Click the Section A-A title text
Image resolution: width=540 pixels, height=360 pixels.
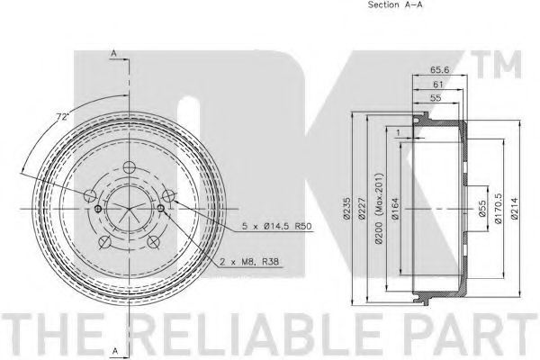pos(395,4)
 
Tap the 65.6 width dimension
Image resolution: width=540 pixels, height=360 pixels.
pos(440,69)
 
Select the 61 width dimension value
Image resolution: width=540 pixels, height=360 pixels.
pos(437,84)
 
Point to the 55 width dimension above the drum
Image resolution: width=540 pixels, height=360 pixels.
pos(436,98)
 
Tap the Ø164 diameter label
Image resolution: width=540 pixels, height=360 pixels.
pos(395,208)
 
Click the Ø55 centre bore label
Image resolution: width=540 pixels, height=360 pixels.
pos(482,209)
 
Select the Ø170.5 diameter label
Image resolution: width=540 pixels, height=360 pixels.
pos(499,209)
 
